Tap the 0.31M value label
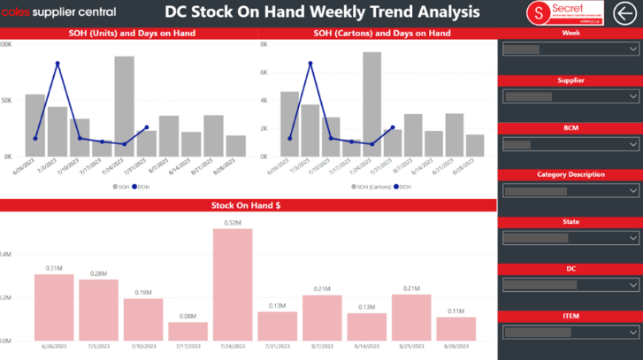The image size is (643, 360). pos(55,268)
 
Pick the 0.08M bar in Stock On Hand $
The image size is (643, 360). pos(188,331)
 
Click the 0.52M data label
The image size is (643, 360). pos(233,222)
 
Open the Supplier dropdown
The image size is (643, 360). pos(570,96)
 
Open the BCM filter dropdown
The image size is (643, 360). pos(570,144)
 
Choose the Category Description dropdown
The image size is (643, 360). pos(570,191)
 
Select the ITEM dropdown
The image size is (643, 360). pos(570,333)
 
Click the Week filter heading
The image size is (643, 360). pos(571,33)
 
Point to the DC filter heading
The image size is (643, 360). pos(571,268)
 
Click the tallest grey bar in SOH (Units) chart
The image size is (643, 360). pos(124,105)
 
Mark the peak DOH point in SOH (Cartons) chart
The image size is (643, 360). pos(310,64)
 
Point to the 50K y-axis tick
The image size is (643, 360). pos(6,100)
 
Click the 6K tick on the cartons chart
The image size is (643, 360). pos(264,73)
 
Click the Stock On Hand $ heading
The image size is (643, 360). pos(246,206)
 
